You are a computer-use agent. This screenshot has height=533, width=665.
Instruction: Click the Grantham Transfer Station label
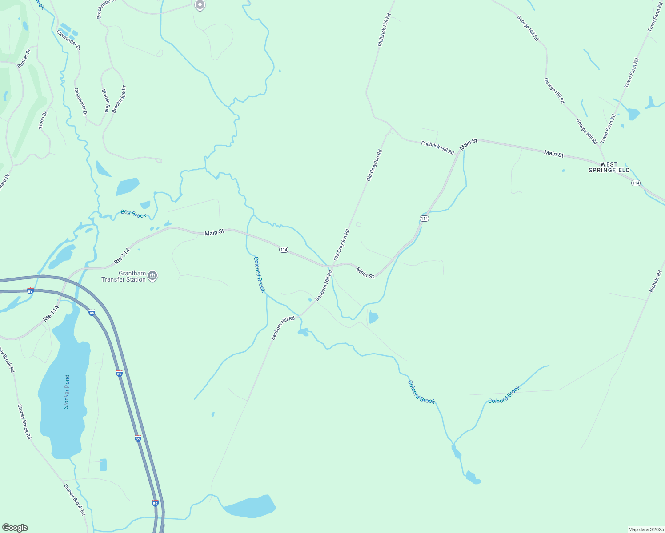(x=124, y=276)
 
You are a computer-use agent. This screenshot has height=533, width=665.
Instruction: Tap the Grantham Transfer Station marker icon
(x=152, y=276)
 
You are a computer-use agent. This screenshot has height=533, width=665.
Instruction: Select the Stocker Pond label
(x=66, y=392)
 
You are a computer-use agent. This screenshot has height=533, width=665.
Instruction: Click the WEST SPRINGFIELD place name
(x=609, y=167)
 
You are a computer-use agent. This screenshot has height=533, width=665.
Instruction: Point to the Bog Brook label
(x=133, y=214)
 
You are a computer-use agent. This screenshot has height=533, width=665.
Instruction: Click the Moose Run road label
(x=106, y=101)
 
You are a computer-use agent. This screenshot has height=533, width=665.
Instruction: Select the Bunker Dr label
(x=24, y=59)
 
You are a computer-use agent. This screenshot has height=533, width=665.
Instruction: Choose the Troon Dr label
(x=43, y=120)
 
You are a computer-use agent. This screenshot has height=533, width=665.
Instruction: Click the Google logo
(x=15, y=528)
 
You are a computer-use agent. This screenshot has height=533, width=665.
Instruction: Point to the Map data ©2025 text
(x=645, y=529)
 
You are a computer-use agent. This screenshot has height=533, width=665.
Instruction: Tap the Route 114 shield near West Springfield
(x=636, y=183)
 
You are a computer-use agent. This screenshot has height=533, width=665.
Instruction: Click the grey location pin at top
(x=200, y=5)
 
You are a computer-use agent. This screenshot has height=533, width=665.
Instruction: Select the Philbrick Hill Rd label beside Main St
(x=437, y=147)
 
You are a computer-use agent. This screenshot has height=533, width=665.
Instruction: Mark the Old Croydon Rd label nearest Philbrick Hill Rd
(x=374, y=165)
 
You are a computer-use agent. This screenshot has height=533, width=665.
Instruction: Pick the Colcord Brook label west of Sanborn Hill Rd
(x=259, y=274)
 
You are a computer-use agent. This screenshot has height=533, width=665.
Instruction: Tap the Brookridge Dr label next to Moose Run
(x=119, y=99)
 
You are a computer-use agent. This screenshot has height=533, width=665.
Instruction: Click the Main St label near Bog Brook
(x=214, y=232)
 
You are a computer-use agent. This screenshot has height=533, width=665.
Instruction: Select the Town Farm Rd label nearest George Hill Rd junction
(x=608, y=129)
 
